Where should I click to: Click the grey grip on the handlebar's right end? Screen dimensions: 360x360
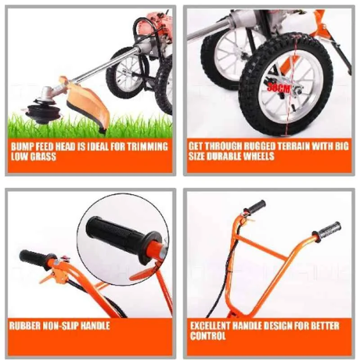coord(328,231)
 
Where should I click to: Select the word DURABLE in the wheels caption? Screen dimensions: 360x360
coord(228,156)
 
